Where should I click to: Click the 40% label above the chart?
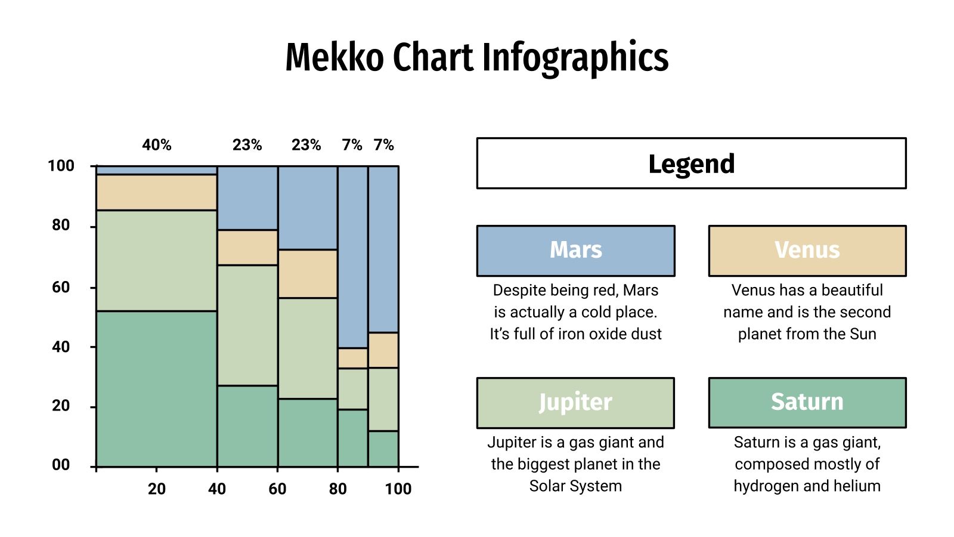pyautogui.click(x=157, y=145)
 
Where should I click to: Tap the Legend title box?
pyautogui.click(x=691, y=163)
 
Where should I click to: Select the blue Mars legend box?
pyautogui.click(x=575, y=251)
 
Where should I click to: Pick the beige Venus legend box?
pyautogui.click(x=807, y=251)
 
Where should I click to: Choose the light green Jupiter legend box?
pyautogui.click(x=575, y=403)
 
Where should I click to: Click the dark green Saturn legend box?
pyautogui.click(x=807, y=403)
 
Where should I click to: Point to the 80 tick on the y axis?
pyautogui.click(x=61, y=226)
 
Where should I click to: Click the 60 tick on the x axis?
pyautogui.click(x=277, y=489)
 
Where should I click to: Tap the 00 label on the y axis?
pyautogui.click(x=61, y=465)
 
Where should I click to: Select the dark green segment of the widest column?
pyautogui.click(x=156, y=388)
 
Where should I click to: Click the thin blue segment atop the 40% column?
pyautogui.click(x=156, y=171)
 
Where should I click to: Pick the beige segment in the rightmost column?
pyautogui.click(x=383, y=350)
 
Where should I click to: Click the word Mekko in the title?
pyautogui.click(x=334, y=57)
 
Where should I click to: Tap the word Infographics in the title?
pyautogui.click(x=575, y=57)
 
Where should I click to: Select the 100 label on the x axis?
pyautogui.click(x=398, y=489)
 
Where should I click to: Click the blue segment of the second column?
pyautogui.click(x=247, y=198)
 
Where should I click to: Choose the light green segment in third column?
pyautogui.click(x=308, y=348)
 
